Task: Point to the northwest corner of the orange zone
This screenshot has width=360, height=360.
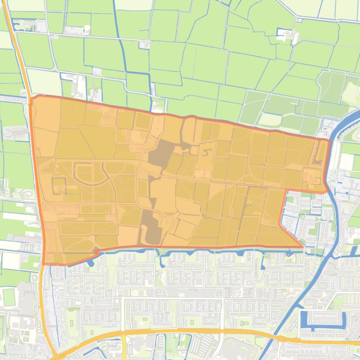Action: tap(32, 97)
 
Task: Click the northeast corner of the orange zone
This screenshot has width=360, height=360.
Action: tap(329, 139)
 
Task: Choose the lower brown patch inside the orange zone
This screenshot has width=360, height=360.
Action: tap(149, 227)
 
